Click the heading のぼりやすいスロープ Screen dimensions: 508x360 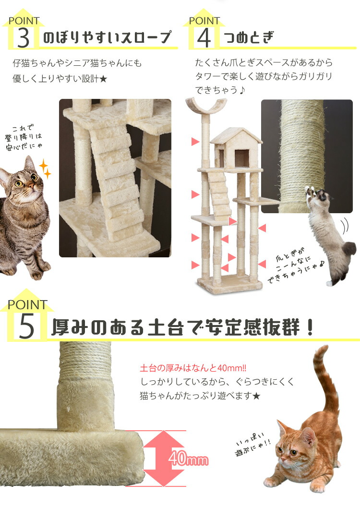107,37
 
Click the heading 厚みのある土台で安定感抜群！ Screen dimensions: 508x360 182,327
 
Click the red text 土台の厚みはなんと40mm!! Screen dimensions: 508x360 193,369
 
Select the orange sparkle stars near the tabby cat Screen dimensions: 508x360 45,169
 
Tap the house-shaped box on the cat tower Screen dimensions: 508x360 236,148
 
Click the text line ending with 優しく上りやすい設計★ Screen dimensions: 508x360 60,79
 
